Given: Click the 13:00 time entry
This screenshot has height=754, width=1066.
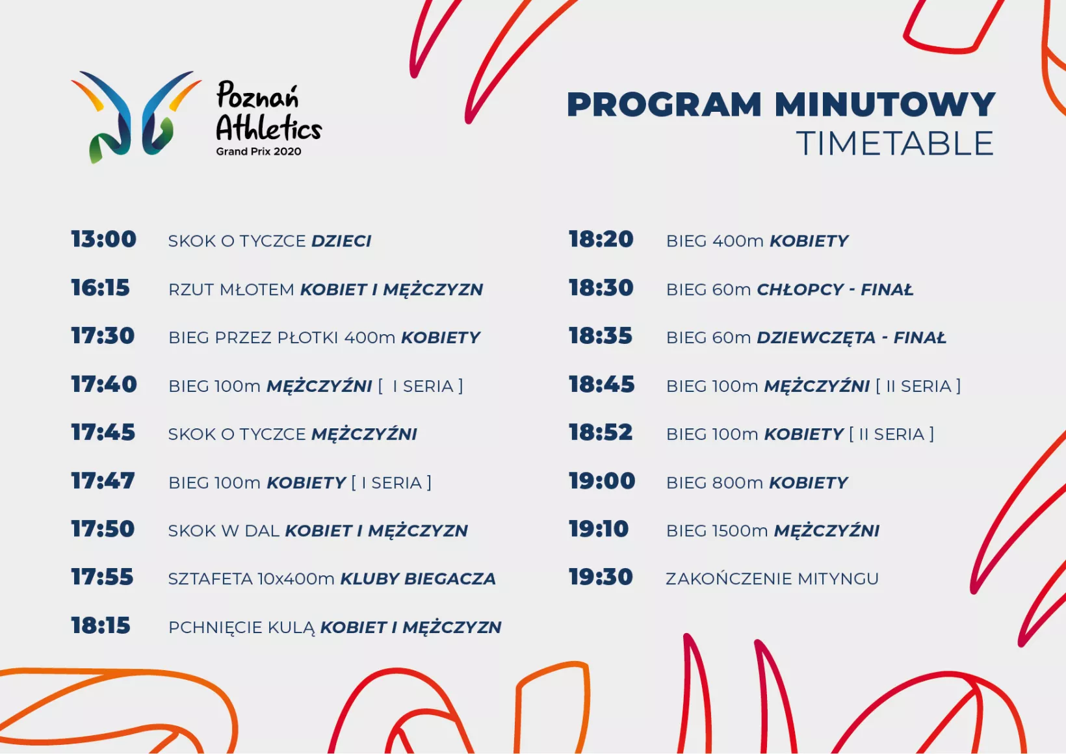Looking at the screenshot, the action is (104, 239).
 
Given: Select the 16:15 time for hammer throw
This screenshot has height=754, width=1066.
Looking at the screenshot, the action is (100, 288).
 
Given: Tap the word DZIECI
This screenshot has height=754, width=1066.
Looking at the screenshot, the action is (341, 241).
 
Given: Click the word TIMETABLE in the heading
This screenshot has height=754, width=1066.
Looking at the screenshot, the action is (895, 143).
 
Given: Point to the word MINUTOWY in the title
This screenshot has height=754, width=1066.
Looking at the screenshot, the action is (885, 104).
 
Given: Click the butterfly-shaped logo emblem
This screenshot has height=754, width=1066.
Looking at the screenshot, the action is (136, 117).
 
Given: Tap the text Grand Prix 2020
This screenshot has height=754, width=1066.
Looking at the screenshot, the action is (259, 151).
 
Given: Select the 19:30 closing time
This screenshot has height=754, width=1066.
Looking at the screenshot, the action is (601, 577).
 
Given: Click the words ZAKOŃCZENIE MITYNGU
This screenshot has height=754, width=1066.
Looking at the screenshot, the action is (772, 578).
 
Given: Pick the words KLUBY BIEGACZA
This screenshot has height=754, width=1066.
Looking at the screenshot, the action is (418, 579).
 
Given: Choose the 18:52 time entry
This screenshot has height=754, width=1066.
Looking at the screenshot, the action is (601, 433).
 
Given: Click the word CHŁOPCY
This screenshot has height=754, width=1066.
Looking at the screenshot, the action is (800, 289).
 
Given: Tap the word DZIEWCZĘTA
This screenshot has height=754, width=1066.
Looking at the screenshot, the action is (816, 338).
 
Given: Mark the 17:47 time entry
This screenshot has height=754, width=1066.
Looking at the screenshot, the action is (103, 481).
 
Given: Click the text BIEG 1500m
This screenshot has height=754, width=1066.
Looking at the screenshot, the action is (717, 531).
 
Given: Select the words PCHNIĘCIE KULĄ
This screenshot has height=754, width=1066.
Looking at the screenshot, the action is (242, 628).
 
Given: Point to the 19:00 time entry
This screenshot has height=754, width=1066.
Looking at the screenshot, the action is (602, 481).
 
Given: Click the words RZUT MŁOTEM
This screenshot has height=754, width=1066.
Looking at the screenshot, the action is (231, 289).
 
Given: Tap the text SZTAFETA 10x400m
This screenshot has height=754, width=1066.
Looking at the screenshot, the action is (252, 579).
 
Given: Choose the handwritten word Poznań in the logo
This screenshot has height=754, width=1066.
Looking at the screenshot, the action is (257, 96).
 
